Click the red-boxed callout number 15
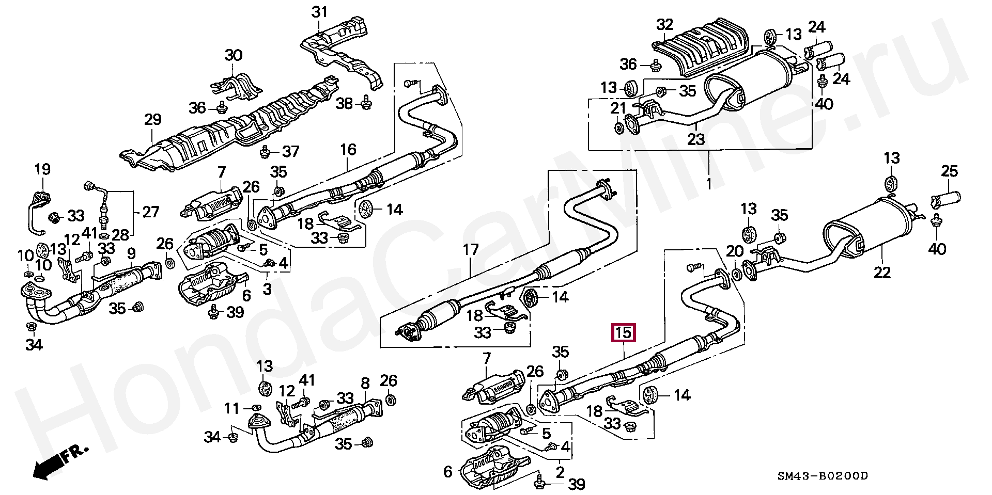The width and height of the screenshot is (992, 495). [x=623, y=333]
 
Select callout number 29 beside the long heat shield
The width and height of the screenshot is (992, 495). [x=152, y=120]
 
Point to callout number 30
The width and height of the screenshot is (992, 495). [x=234, y=55]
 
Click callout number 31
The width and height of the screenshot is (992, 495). [x=319, y=12]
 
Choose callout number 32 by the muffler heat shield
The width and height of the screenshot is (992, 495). [x=665, y=24]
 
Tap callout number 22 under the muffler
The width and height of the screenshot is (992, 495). [x=882, y=272]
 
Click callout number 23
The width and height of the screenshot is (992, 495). [x=696, y=139]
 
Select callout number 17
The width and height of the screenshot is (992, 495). [x=471, y=250]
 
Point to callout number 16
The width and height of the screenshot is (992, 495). [x=348, y=150]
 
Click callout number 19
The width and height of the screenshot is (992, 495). [x=42, y=169]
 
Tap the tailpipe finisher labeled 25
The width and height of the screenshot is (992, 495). [x=946, y=198]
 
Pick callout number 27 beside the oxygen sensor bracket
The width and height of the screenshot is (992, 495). [x=150, y=212]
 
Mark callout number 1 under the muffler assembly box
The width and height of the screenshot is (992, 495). [x=708, y=184]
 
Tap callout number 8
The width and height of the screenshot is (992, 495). [x=365, y=383]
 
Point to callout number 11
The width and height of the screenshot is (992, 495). [x=232, y=408]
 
